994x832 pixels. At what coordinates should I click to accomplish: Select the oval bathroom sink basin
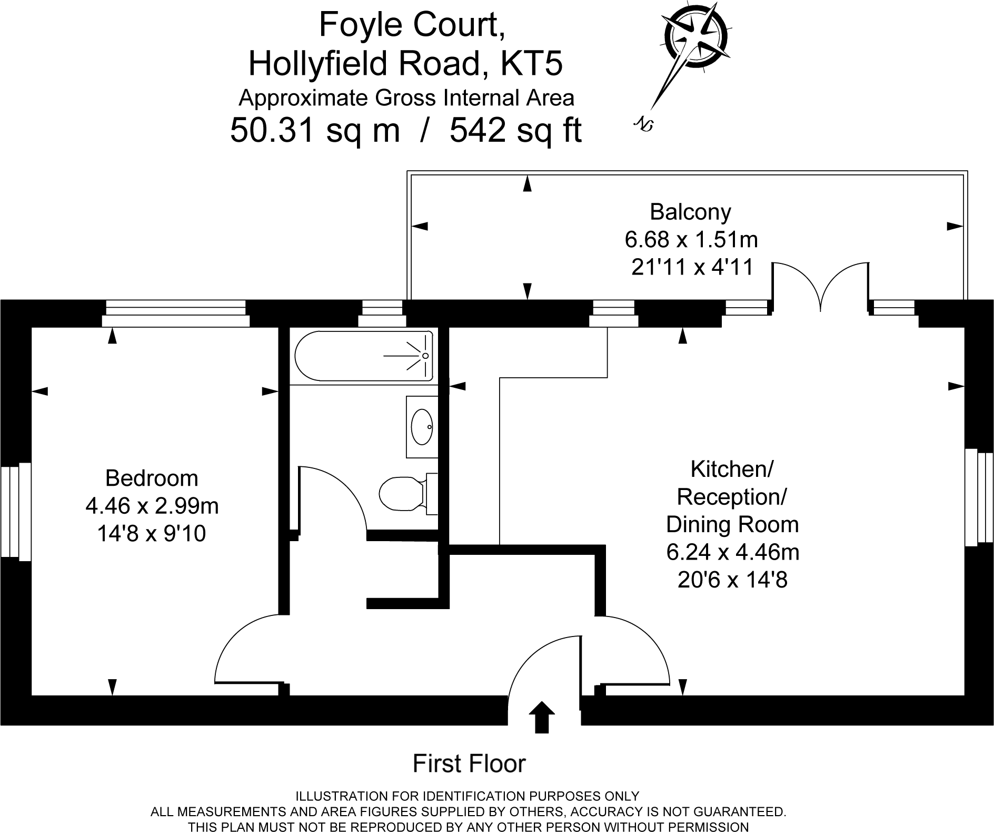(x=421, y=427)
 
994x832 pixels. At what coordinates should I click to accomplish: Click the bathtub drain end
(x=424, y=356)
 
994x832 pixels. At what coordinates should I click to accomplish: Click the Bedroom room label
(x=152, y=478)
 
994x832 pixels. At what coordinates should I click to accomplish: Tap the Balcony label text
(x=690, y=212)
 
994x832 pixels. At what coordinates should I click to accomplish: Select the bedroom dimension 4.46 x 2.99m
(x=152, y=506)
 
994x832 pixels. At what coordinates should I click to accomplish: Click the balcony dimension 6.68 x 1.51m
(x=691, y=240)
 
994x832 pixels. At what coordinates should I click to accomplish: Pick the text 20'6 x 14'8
(x=732, y=580)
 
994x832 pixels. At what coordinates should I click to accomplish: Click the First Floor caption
(x=469, y=764)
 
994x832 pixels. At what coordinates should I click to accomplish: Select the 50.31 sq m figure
(x=315, y=130)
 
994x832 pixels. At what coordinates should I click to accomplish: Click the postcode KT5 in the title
(x=531, y=63)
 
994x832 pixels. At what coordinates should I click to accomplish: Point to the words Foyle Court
(x=412, y=25)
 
